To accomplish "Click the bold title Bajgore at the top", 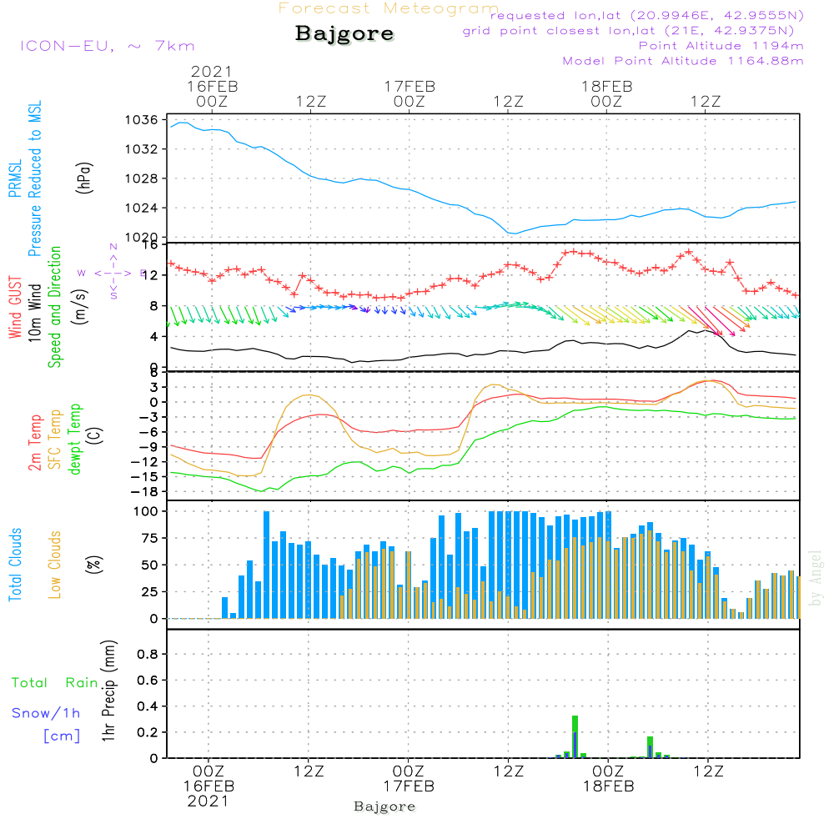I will [x=344, y=34].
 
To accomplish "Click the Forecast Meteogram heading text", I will [x=389, y=8].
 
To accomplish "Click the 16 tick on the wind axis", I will [x=150, y=245].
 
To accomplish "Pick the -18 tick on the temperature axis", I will [x=147, y=491].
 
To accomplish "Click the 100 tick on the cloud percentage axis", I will [x=146, y=510].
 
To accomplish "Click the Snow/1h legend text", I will [x=47, y=713].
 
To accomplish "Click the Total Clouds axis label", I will [x=15, y=564].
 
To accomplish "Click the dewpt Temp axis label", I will [x=75, y=439].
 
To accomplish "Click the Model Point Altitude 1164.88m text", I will [x=683, y=61].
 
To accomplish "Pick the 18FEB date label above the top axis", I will [x=606, y=85].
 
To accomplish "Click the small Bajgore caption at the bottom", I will [x=384, y=806].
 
